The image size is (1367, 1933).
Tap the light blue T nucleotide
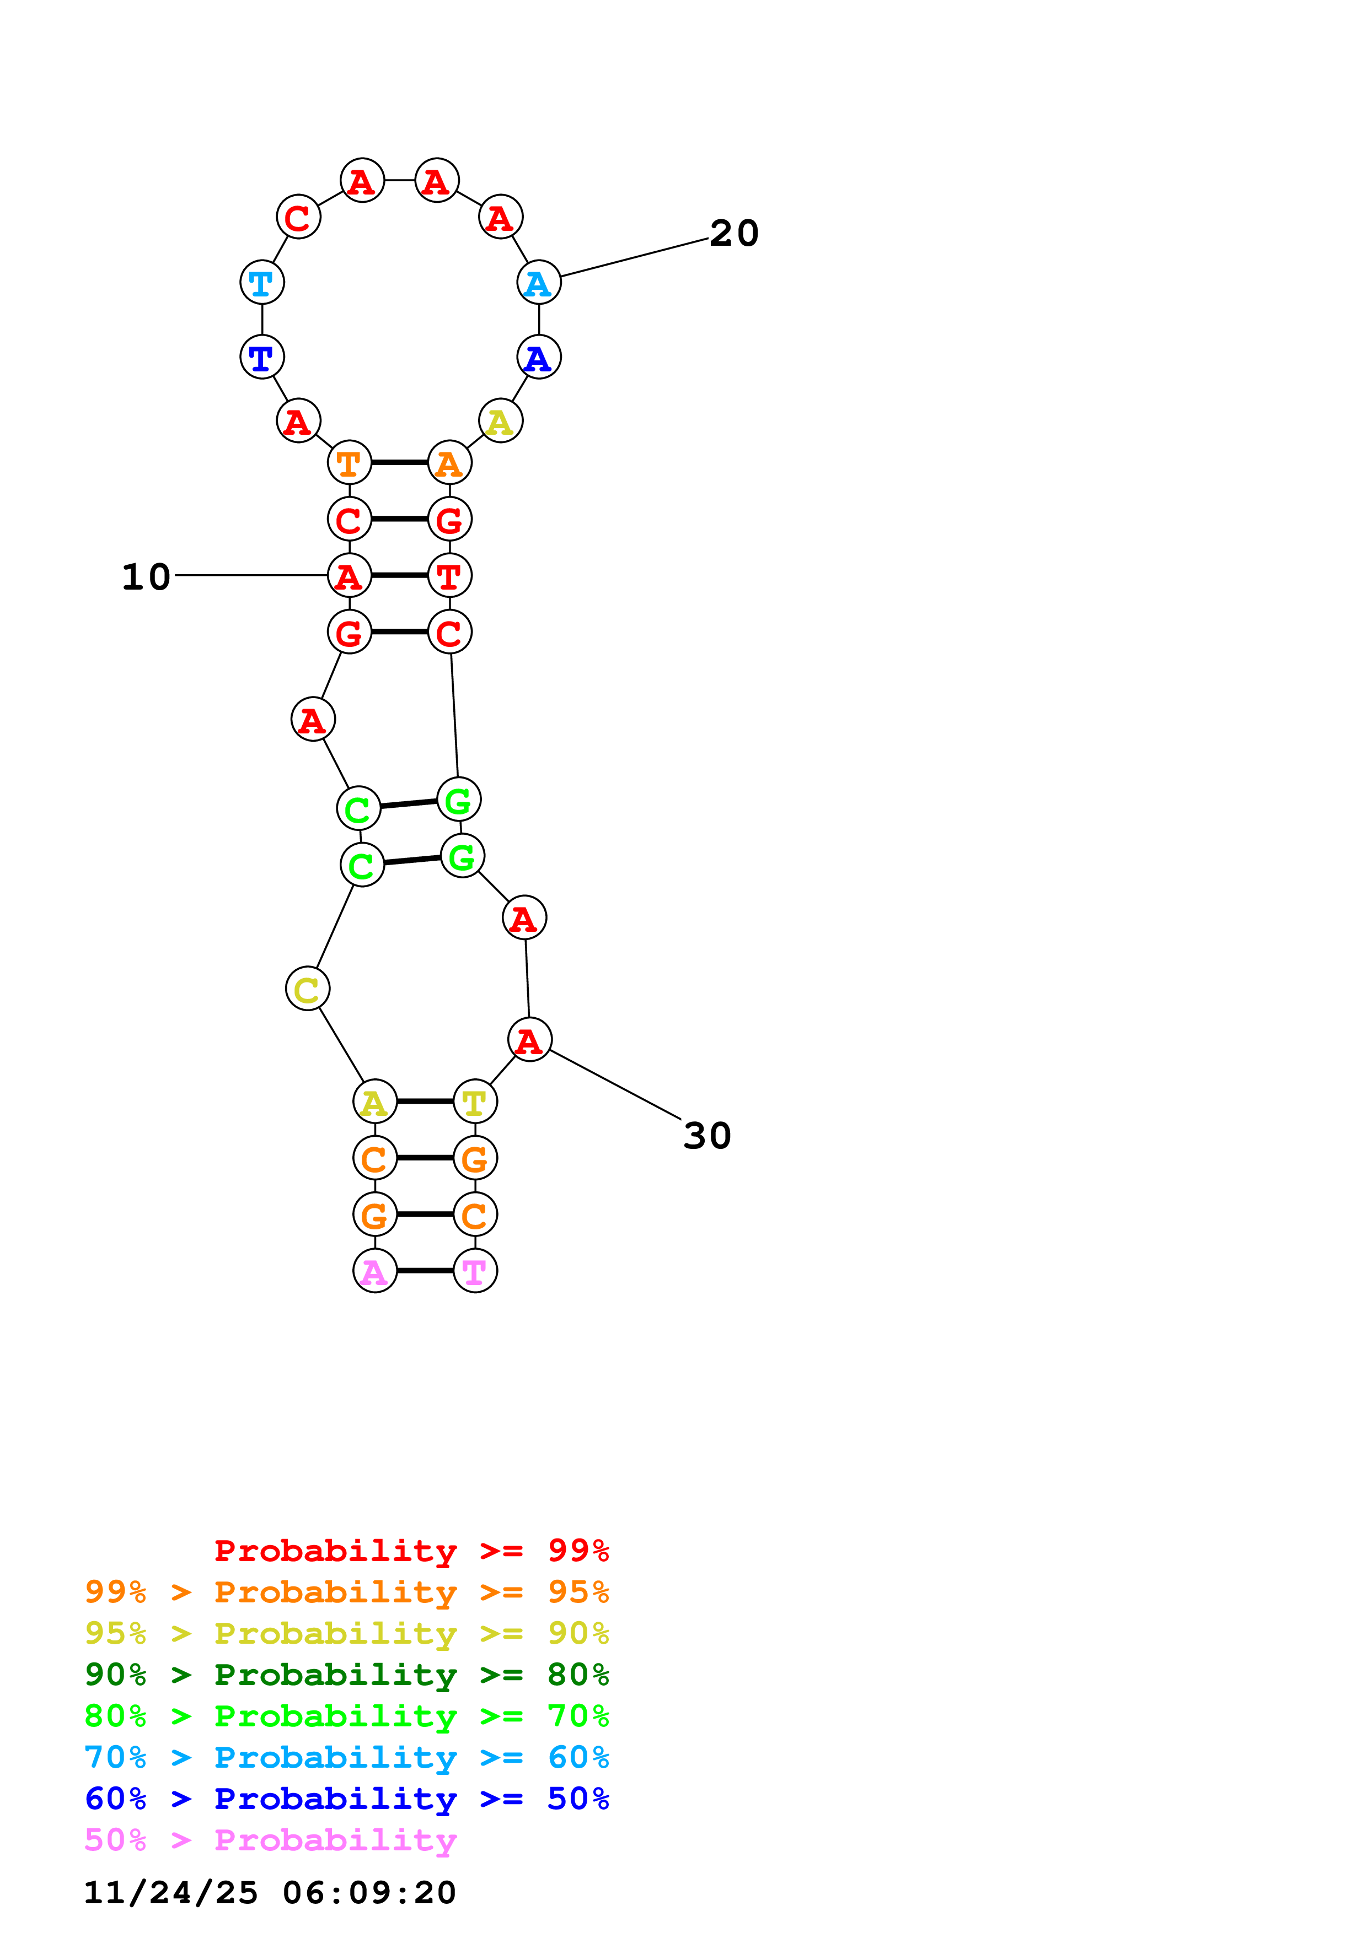click(x=262, y=282)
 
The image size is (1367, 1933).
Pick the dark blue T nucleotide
click(x=262, y=357)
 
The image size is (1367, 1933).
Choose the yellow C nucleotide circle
click(x=308, y=989)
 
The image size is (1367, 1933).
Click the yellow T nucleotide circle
click(x=475, y=1101)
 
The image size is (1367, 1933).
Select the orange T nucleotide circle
click(x=350, y=462)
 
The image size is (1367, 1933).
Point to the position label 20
click(x=733, y=233)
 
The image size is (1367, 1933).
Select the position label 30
click(x=707, y=1136)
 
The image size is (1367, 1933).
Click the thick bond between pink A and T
click(x=425, y=1271)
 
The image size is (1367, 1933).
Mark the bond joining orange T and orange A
click(x=399, y=462)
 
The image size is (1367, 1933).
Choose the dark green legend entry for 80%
click(x=346, y=1675)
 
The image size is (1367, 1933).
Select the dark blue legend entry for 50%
click(x=346, y=1799)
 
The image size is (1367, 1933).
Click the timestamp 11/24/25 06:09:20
click(x=270, y=1893)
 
